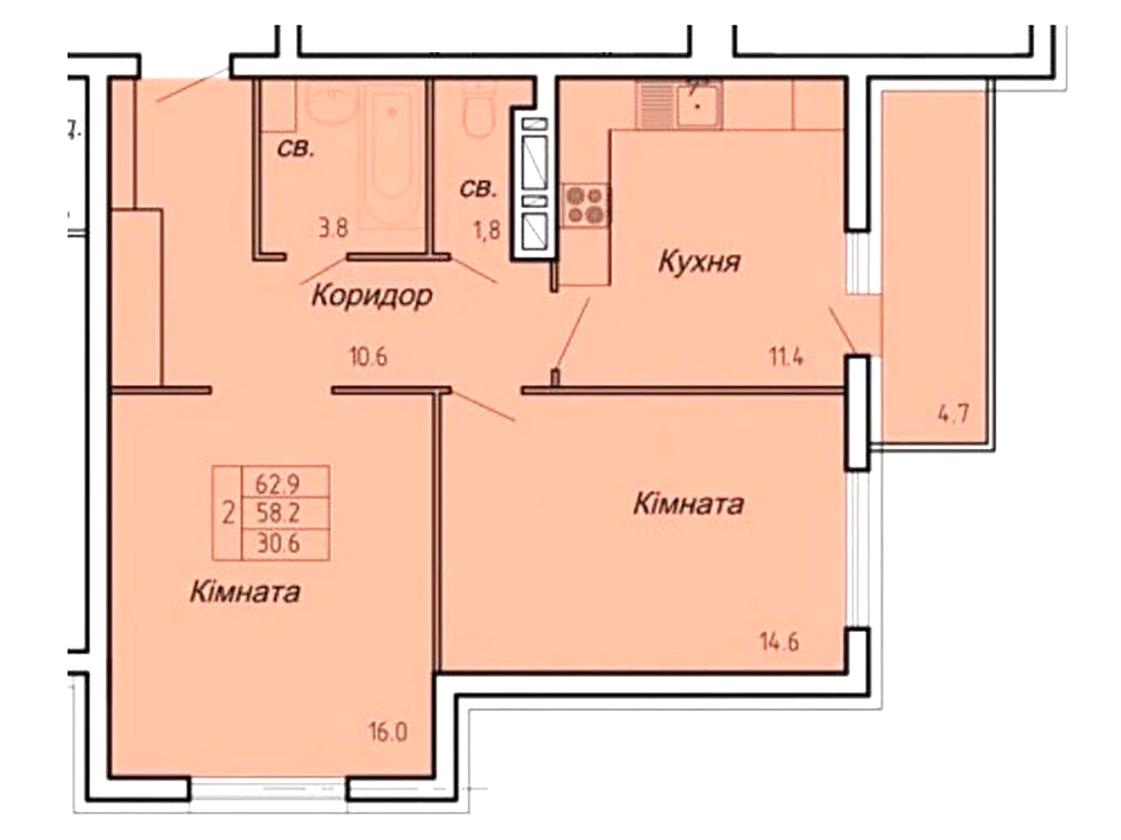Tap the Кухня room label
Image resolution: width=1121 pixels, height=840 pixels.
pyautogui.click(x=699, y=261)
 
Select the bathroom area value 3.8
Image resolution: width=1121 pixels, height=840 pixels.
pyautogui.click(x=333, y=227)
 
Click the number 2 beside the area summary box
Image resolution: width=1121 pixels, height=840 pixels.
pyautogui.click(x=227, y=512)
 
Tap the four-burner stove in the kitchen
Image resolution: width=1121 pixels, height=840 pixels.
pyautogui.click(x=586, y=204)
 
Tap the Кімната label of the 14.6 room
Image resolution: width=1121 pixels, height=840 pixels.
pyautogui.click(x=688, y=505)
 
